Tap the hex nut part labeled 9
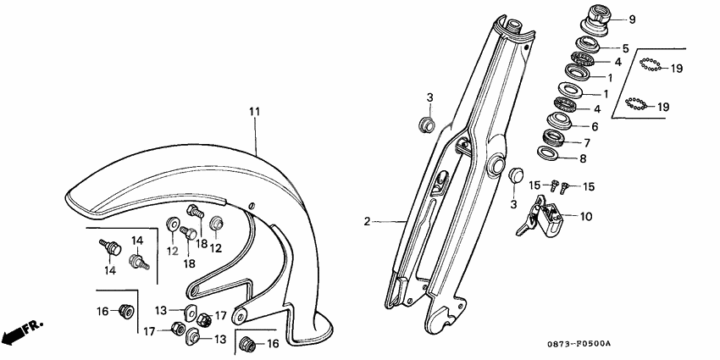590,17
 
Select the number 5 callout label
625,48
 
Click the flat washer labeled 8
549,153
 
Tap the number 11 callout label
252,111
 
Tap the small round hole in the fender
252,204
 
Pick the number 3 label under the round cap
512,205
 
